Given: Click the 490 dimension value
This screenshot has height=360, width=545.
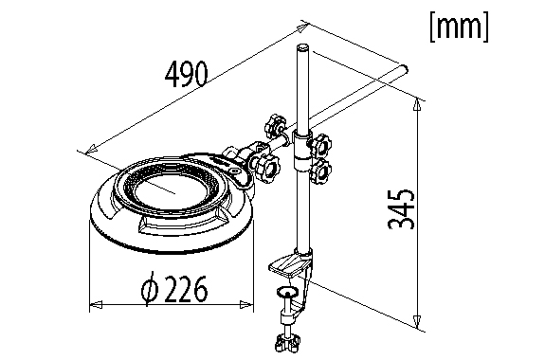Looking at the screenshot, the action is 187,74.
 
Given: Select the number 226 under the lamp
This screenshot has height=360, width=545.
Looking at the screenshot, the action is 186,289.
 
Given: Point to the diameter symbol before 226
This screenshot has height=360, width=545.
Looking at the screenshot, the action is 150,289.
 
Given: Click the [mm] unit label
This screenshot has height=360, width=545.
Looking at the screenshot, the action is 459,27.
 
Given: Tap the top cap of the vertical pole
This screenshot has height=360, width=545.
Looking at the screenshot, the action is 302,47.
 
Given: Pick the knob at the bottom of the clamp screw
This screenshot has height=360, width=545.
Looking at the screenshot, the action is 287,343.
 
